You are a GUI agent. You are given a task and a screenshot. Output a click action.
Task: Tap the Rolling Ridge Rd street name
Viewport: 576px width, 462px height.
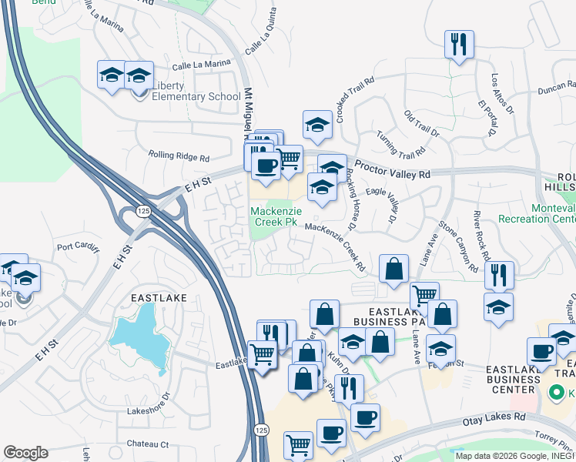[179, 157]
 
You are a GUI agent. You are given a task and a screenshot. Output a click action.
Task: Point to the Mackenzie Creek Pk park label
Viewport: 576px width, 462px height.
[273, 216]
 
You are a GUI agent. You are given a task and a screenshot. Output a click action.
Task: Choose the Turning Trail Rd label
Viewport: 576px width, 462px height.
[400, 141]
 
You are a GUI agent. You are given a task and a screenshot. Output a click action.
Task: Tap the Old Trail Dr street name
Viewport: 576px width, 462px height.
[421, 124]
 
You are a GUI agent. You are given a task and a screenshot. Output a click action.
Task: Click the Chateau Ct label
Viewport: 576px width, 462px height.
[148, 444]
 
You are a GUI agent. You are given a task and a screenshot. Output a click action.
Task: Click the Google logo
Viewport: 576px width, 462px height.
[25, 453]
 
